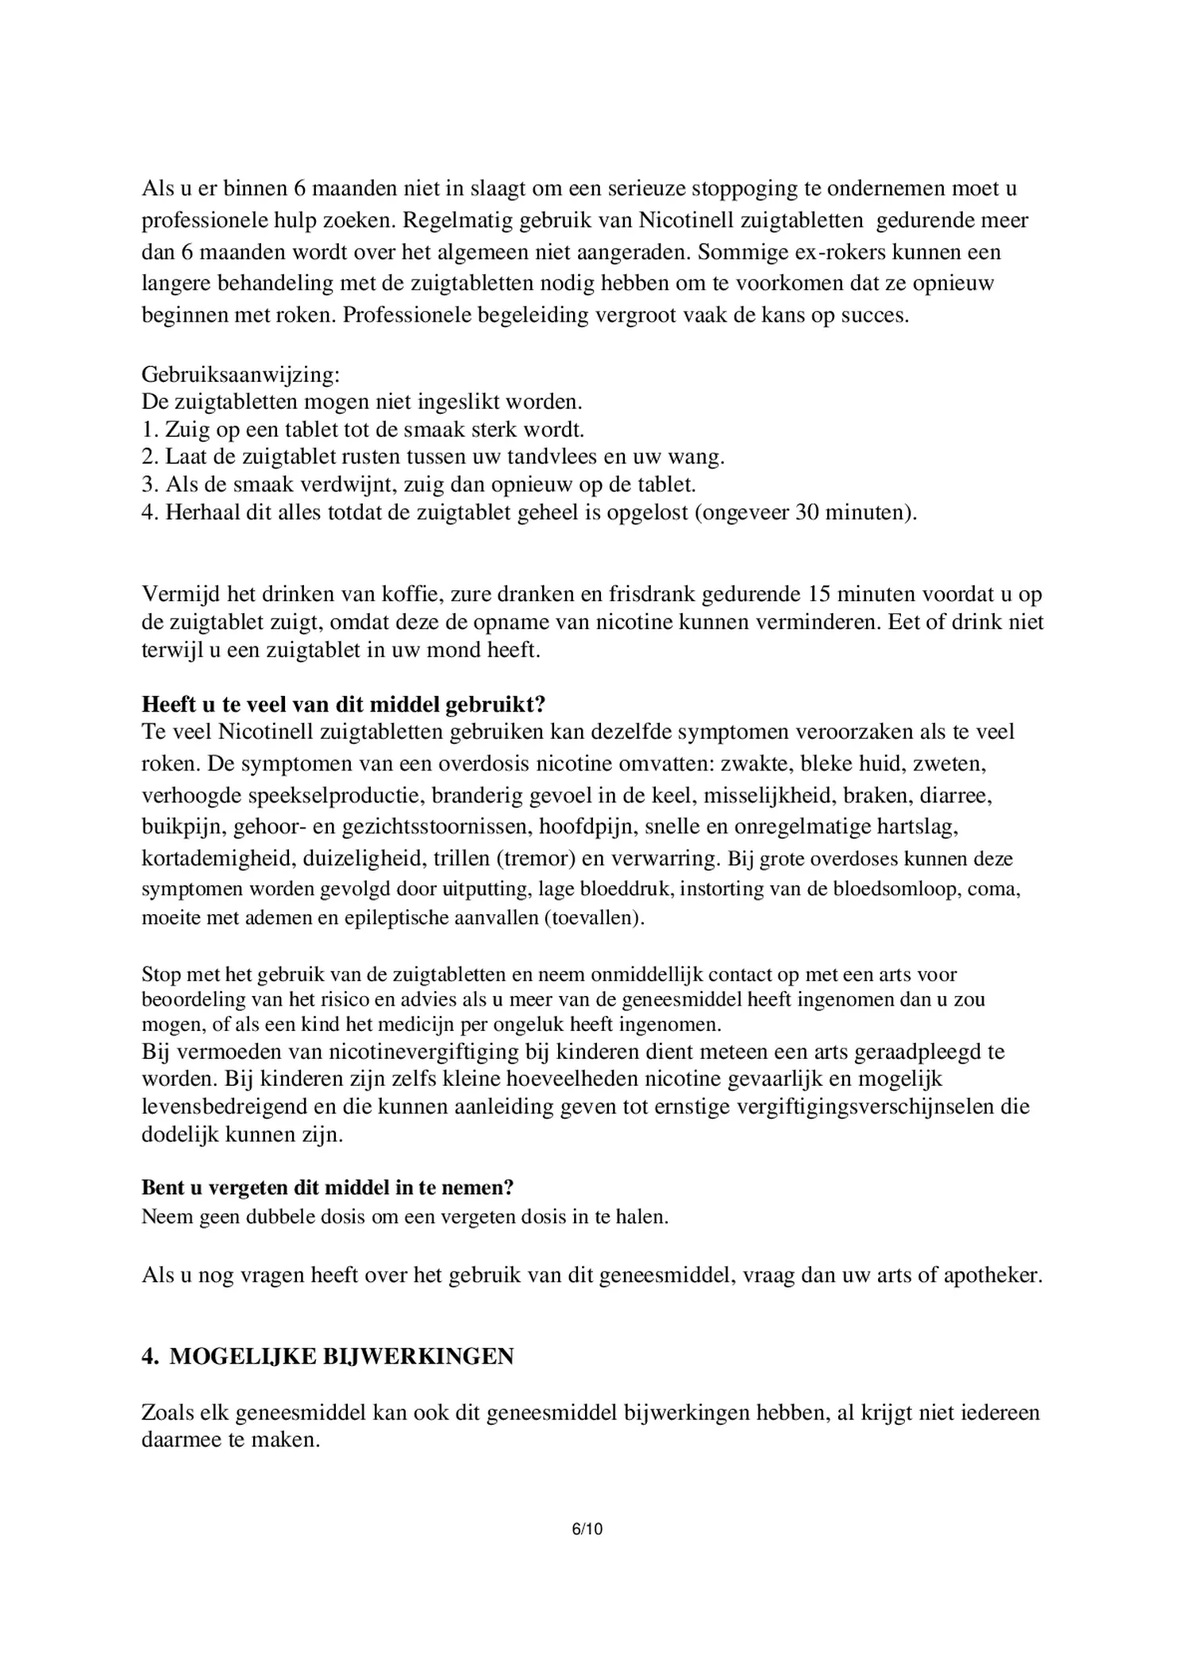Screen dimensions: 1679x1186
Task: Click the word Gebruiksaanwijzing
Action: [x=241, y=374]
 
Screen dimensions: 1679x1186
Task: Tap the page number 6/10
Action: [x=587, y=1529]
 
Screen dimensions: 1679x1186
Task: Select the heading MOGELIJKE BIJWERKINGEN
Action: [x=341, y=1356]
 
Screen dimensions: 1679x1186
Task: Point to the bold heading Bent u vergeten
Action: [x=327, y=1187]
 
